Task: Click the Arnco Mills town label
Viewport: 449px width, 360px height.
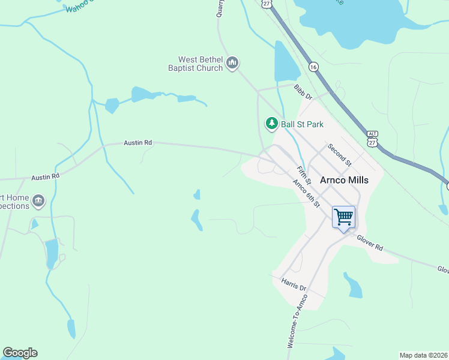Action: click(x=344, y=180)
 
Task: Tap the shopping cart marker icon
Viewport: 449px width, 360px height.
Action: click(x=344, y=217)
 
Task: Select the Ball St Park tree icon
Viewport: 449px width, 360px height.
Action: click(x=272, y=124)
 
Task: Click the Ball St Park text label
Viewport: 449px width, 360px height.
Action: click(x=303, y=124)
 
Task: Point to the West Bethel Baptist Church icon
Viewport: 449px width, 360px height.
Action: click(x=233, y=63)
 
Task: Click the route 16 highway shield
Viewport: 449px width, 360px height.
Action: click(x=313, y=67)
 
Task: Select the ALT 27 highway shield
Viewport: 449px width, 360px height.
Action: click(x=373, y=138)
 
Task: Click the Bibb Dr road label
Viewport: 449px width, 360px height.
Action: click(x=304, y=92)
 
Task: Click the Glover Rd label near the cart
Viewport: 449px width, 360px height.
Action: click(x=370, y=242)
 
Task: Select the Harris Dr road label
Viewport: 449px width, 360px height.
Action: click(x=294, y=284)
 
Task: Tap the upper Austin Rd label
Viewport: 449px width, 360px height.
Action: click(x=138, y=143)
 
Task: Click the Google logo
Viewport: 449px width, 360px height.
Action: click(x=20, y=353)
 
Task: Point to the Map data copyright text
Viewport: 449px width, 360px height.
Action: click(x=423, y=355)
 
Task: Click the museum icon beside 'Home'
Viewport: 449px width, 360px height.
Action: click(x=39, y=200)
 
